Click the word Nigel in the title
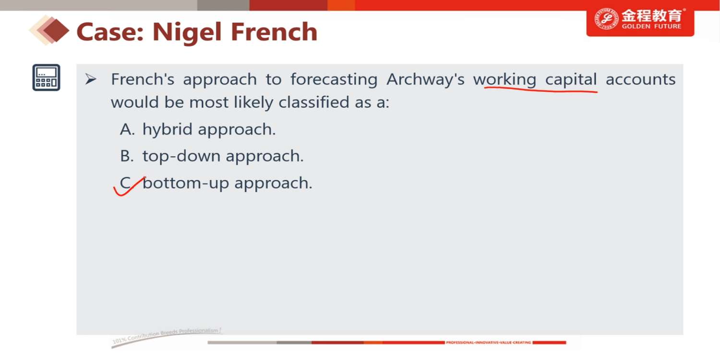[x=187, y=33]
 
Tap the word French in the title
[x=274, y=32]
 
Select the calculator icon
[x=46, y=77]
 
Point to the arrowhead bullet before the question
[x=91, y=79]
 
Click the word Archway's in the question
[x=425, y=79]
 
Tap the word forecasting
[x=334, y=79]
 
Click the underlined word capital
[x=571, y=79]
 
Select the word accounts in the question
[x=641, y=80]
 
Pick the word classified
[x=312, y=103]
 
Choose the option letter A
[x=127, y=129]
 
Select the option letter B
[x=126, y=156]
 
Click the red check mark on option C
[x=129, y=186]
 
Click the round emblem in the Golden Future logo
[x=606, y=19]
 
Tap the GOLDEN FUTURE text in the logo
[x=651, y=26]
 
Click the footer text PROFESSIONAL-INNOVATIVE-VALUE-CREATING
[x=488, y=343]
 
